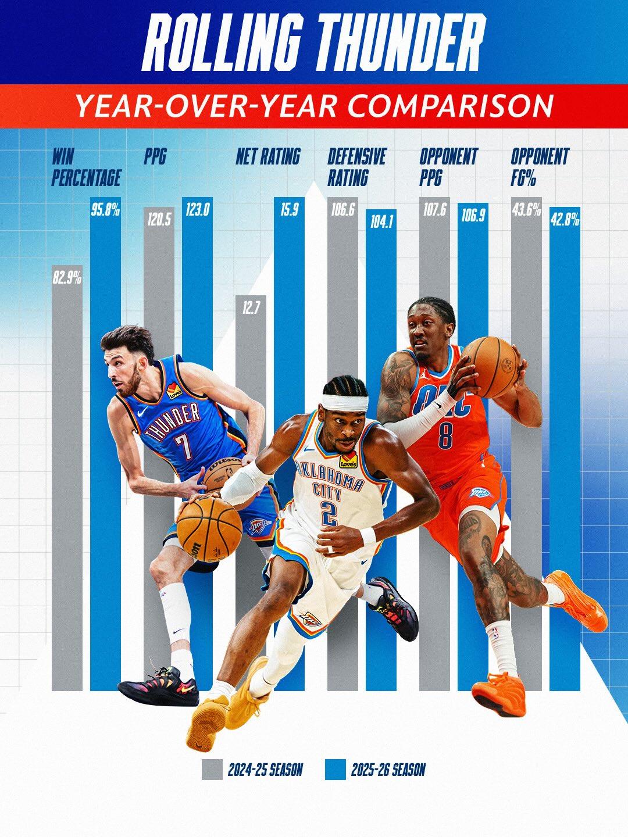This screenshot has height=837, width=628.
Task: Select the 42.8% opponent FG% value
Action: pyautogui.click(x=564, y=221)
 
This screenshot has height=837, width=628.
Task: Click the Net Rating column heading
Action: pyautogui.click(x=268, y=157)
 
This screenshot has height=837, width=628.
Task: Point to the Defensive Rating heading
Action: pyautogui.click(x=356, y=167)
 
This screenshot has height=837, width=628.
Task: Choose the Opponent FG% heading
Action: pyautogui.click(x=540, y=167)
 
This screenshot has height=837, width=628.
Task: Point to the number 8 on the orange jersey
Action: pyautogui.click(x=445, y=436)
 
